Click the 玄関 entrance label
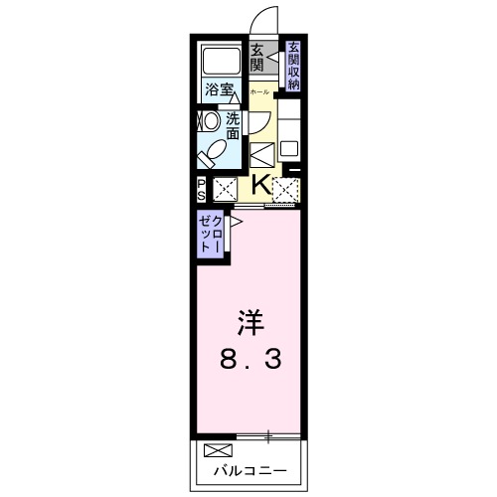click(x=256, y=59)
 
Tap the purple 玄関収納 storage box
click(x=293, y=67)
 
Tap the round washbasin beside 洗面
click(x=210, y=121)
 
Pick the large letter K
click(x=258, y=183)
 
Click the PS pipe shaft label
click(x=201, y=188)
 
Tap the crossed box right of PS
click(x=225, y=188)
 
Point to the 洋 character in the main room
click(x=249, y=324)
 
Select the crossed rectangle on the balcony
click(x=215, y=450)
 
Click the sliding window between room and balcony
click(x=268, y=434)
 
